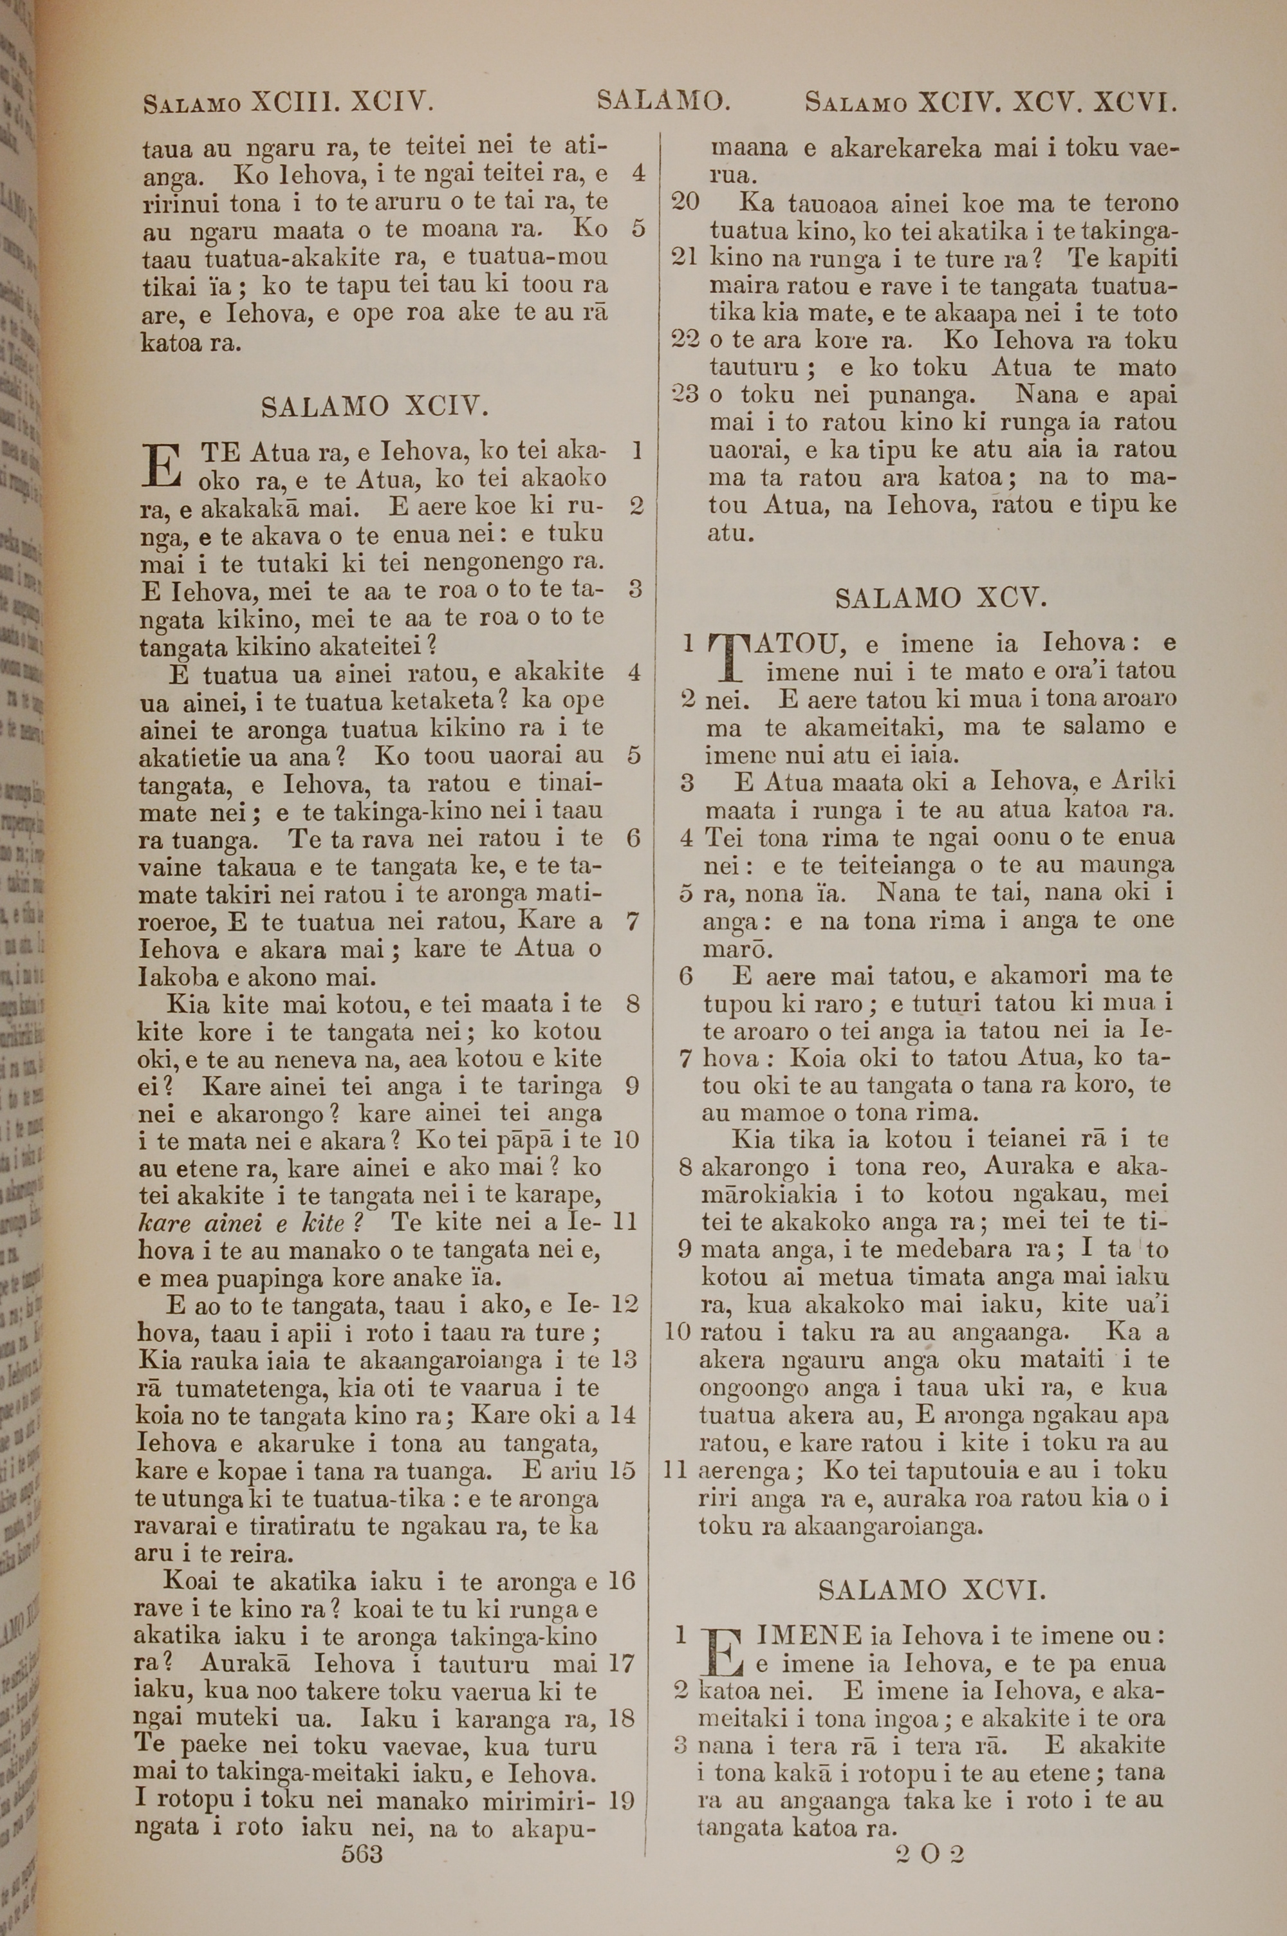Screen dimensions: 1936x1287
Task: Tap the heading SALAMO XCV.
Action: (x=941, y=597)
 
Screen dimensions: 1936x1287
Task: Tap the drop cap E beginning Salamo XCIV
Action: (x=162, y=465)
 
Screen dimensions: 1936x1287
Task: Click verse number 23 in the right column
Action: (x=685, y=395)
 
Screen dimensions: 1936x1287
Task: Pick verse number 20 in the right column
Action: (x=685, y=202)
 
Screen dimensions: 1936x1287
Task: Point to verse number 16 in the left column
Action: (x=623, y=1581)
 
